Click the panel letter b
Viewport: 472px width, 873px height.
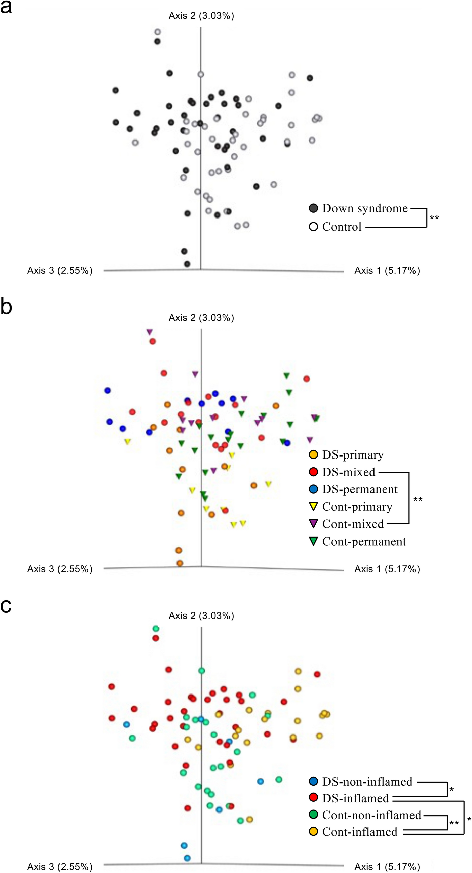click(6, 307)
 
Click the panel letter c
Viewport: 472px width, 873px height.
click(6, 606)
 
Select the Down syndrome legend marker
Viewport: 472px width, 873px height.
click(313, 208)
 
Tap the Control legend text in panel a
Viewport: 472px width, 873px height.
click(342, 227)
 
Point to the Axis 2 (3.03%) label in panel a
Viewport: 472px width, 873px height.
click(201, 16)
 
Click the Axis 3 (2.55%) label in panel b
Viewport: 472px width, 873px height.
click(60, 569)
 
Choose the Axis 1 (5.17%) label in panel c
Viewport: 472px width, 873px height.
click(387, 867)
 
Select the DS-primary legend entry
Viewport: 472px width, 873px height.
click(353, 455)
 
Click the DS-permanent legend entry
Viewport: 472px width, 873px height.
click(359, 489)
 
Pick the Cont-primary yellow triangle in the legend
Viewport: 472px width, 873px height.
click(313, 507)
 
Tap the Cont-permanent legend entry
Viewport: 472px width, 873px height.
click(364, 542)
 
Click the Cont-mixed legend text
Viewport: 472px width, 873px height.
click(353, 524)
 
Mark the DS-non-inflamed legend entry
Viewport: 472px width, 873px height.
click(367, 782)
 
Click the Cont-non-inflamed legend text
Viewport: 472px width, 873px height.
click(371, 815)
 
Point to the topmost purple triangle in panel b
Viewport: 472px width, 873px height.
click(149, 332)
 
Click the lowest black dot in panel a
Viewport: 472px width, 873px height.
click(187, 264)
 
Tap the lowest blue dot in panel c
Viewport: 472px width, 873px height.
click(187, 858)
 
